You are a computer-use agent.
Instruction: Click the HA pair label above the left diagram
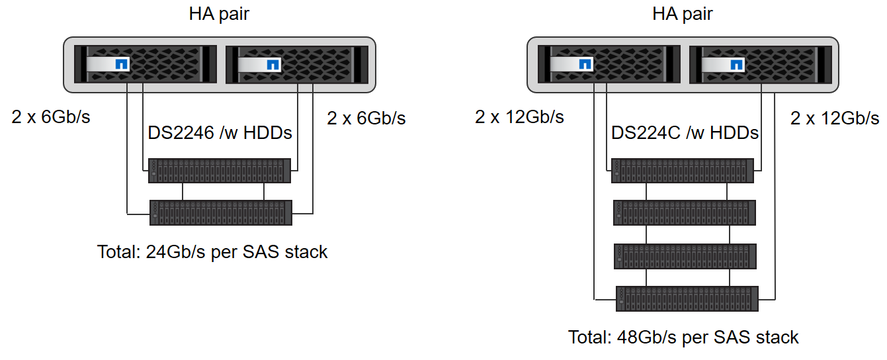[x=219, y=14]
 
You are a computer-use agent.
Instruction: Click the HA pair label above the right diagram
[x=683, y=14]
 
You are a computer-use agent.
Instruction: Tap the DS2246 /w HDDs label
[x=220, y=133]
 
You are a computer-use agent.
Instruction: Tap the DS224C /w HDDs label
[x=685, y=133]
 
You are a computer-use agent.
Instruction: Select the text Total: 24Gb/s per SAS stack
[x=212, y=252]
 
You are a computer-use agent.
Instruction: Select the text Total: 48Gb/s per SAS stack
[x=683, y=337]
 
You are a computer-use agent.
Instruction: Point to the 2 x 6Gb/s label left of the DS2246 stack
[x=51, y=117]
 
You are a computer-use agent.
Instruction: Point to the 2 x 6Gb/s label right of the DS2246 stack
[x=366, y=118]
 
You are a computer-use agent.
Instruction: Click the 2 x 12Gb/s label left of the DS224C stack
[x=519, y=117]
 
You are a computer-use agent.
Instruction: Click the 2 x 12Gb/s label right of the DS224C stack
[x=835, y=118]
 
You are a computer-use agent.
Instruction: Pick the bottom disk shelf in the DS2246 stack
[x=220, y=213]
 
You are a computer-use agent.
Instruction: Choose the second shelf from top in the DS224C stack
[x=684, y=213]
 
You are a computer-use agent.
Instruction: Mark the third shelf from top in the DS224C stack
[x=684, y=256]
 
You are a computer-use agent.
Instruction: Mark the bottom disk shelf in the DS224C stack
[x=686, y=298]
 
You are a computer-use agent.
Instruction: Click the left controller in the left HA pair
[x=146, y=64]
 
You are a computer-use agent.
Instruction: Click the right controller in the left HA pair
[x=296, y=64]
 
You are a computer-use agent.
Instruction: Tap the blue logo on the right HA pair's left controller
[x=585, y=65]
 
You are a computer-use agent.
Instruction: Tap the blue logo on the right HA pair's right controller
[x=736, y=65]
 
